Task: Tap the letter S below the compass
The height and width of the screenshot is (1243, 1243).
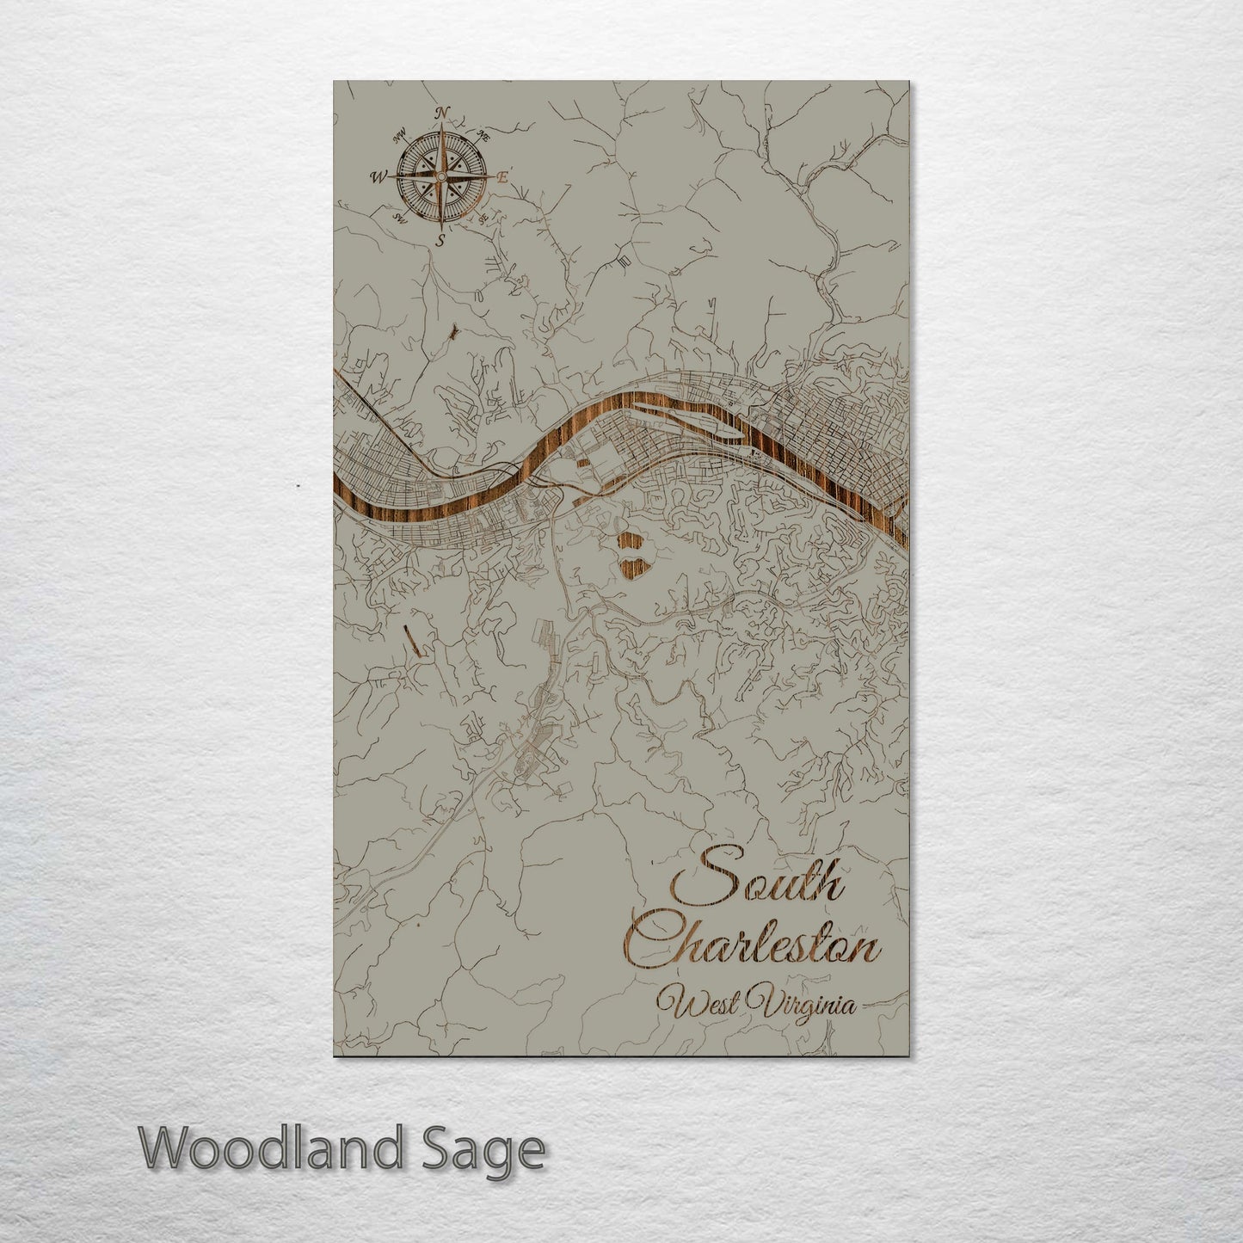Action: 440,241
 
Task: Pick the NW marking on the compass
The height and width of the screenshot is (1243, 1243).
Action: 399,135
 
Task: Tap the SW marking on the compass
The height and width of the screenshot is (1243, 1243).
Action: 399,218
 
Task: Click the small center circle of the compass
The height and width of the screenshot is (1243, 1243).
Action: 440,176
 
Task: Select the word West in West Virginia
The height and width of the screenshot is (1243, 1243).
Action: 697,1005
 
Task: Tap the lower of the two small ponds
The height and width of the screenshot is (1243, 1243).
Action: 632,568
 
